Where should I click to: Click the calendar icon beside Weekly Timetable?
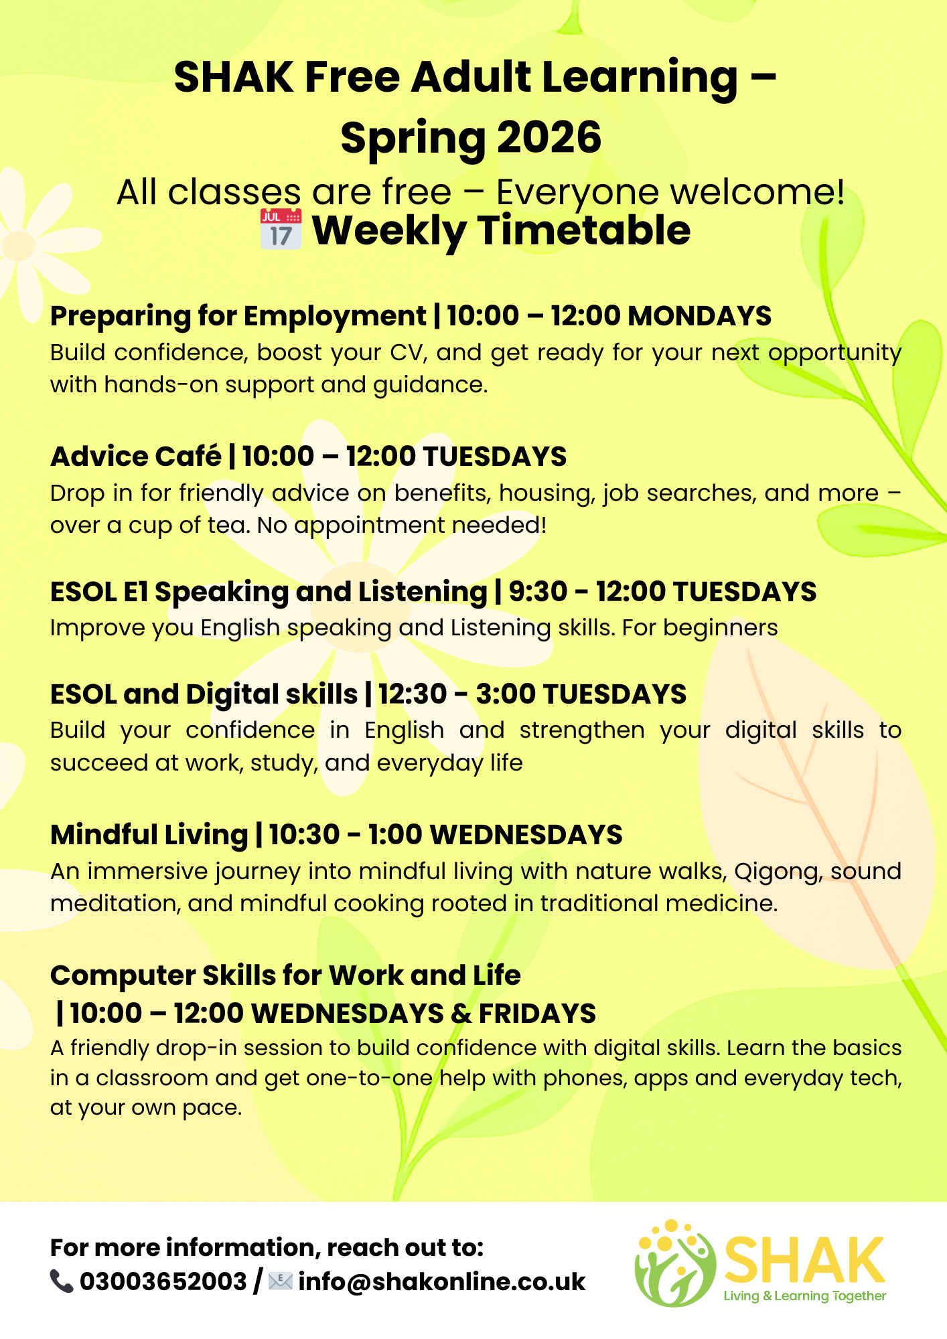point(281,229)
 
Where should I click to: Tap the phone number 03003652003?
point(163,1281)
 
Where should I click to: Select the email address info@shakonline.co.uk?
point(442,1281)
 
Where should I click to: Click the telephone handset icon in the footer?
point(62,1281)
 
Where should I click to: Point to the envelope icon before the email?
point(281,1281)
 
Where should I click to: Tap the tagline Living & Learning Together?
point(804,1296)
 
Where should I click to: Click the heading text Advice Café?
point(136,457)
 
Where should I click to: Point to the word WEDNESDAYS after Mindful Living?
point(526,835)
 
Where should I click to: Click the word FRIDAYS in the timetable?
point(537,1014)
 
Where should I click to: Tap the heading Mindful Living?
point(149,835)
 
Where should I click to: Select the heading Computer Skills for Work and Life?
point(285,975)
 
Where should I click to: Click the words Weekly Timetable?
point(501,230)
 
